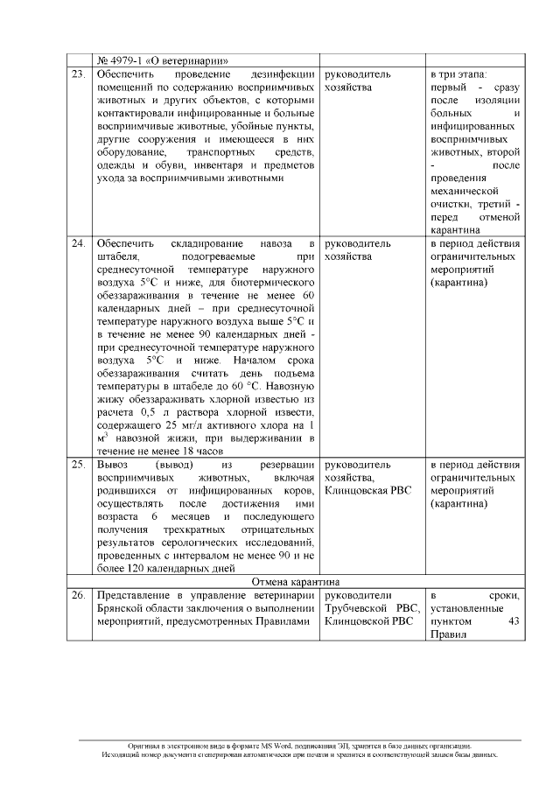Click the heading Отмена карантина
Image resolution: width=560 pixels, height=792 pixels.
[297, 581]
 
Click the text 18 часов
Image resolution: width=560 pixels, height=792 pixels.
[195, 452]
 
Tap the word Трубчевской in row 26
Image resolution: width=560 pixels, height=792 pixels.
[358, 609]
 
